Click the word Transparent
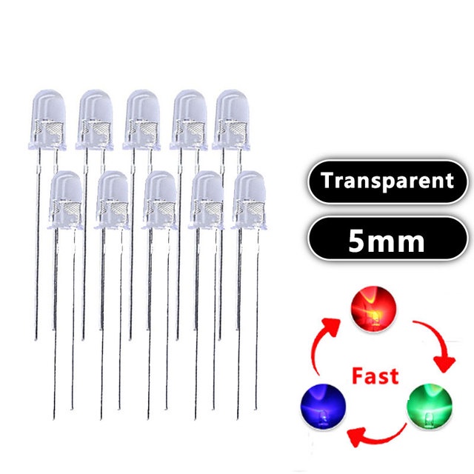(x=387, y=181)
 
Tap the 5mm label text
(x=387, y=239)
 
